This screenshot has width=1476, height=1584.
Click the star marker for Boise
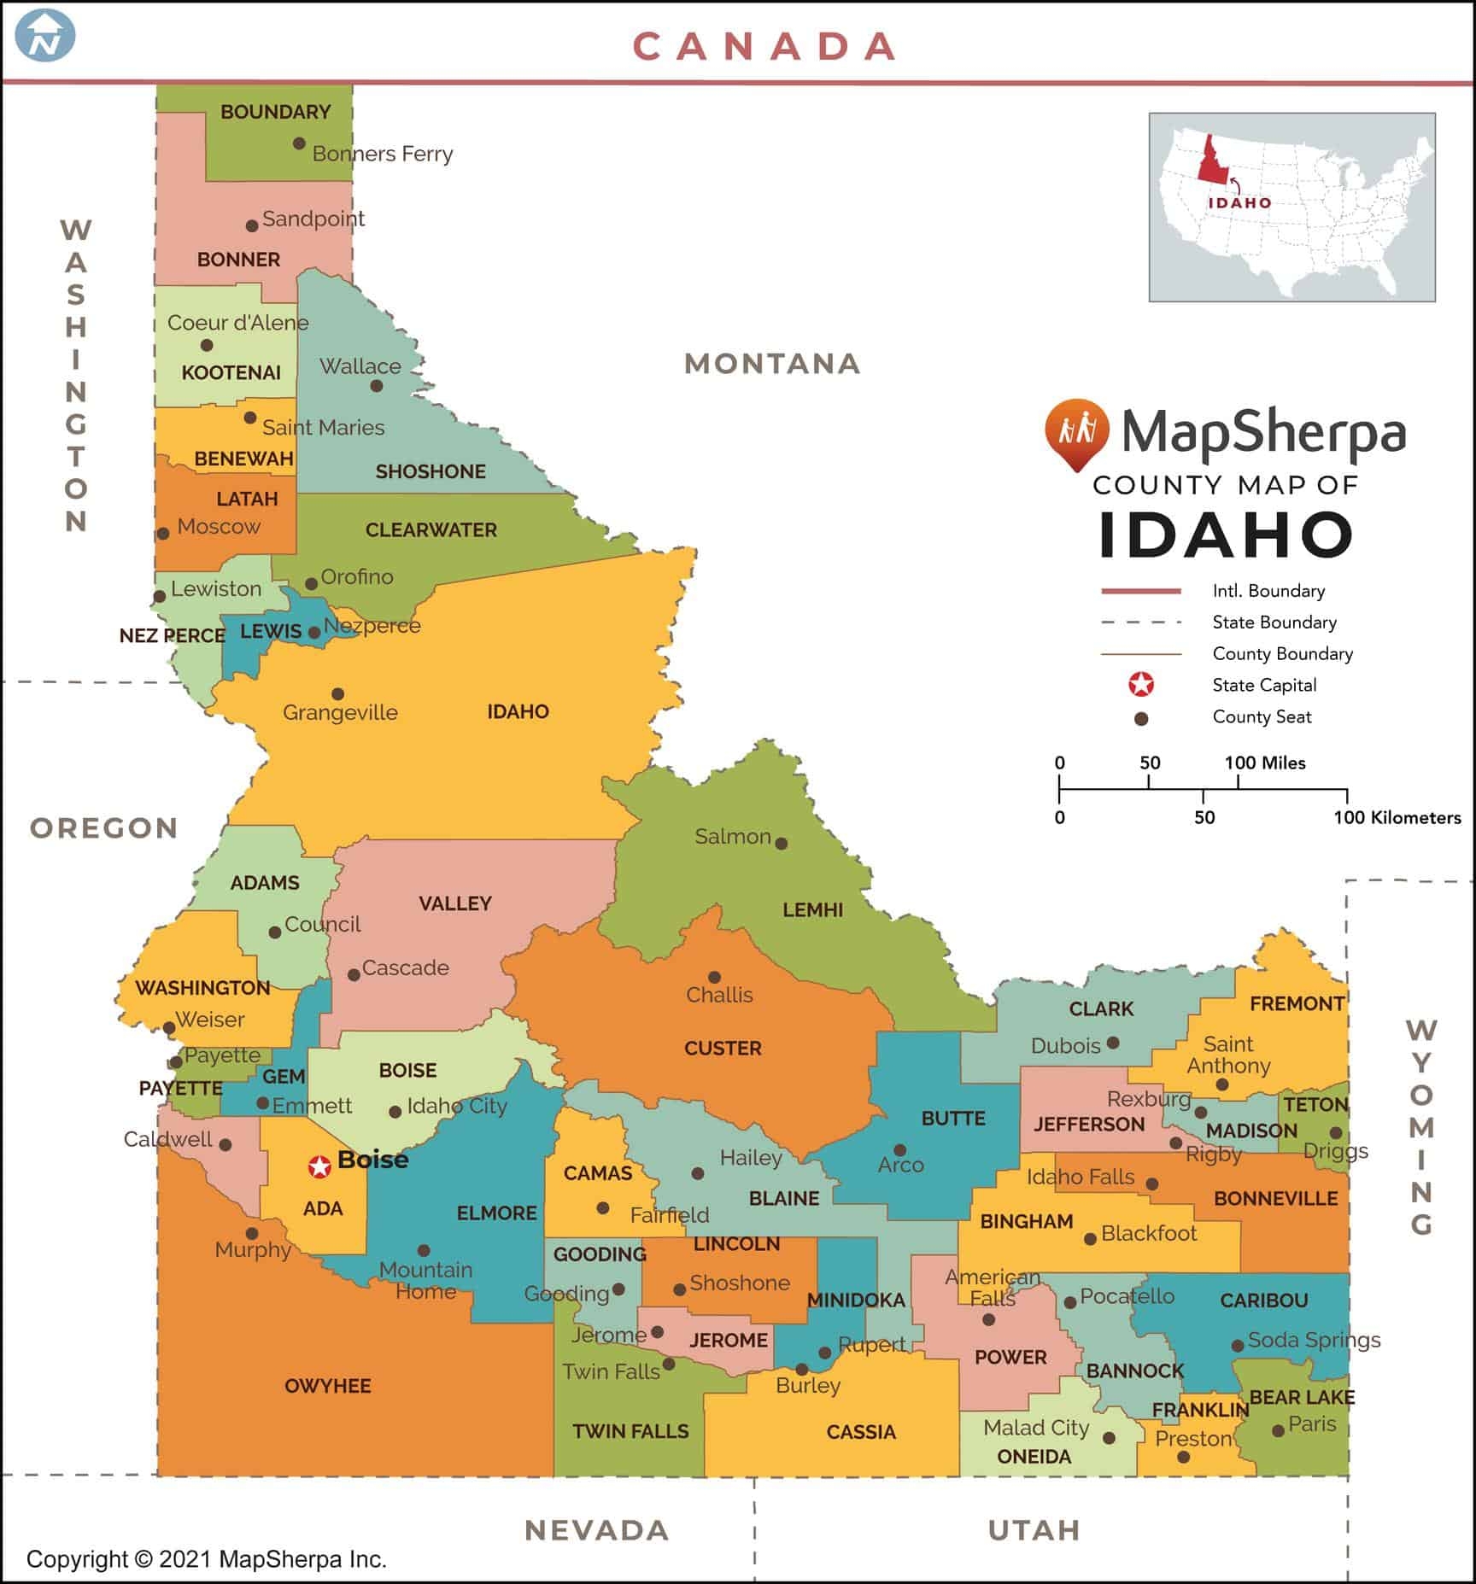point(319,1166)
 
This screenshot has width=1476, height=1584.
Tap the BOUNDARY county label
point(275,112)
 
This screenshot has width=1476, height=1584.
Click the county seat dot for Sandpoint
point(252,226)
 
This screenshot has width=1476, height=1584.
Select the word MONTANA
point(772,364)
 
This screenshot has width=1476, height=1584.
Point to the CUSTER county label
point(723,1048)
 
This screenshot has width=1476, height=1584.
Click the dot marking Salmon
point(781,844)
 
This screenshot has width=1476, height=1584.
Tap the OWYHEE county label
point(328,1386)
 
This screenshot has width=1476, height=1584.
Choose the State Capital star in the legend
point(1141,685)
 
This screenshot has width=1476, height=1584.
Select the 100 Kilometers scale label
point(1397,818)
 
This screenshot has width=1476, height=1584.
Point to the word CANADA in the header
point(765,47)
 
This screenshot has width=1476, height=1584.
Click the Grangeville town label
point(340,713)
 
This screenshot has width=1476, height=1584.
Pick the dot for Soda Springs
point(1237,1346)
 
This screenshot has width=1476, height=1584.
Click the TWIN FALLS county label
point(630,1431)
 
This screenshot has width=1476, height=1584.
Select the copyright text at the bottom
point(207,1559)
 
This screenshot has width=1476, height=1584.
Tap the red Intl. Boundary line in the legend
point(1141,591)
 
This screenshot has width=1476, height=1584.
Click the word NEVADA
point(597,1530)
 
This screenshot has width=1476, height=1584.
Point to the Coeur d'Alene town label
point(237,323)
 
